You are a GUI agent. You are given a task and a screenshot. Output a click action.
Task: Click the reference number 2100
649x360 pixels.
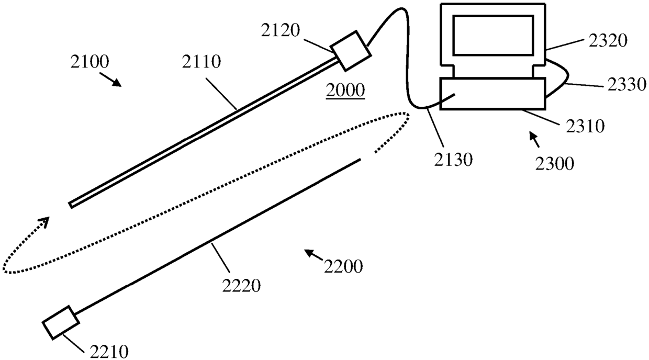pos(89,63)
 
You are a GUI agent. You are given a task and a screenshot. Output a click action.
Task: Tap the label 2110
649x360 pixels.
pos(201,63)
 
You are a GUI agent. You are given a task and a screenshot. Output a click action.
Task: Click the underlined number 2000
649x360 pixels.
pos(345,91)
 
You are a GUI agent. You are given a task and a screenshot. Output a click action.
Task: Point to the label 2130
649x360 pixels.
pos(454,159)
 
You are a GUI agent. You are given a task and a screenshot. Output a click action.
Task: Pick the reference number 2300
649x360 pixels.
pos(555,164)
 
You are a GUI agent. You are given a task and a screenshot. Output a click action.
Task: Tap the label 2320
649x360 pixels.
pos(607,40)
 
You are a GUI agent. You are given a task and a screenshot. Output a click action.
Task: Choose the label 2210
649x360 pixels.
pos(109,350)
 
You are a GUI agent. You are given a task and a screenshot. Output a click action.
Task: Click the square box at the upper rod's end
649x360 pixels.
pos(351,50)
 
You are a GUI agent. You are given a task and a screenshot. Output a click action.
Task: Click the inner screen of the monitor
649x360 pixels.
pos(493,35)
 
